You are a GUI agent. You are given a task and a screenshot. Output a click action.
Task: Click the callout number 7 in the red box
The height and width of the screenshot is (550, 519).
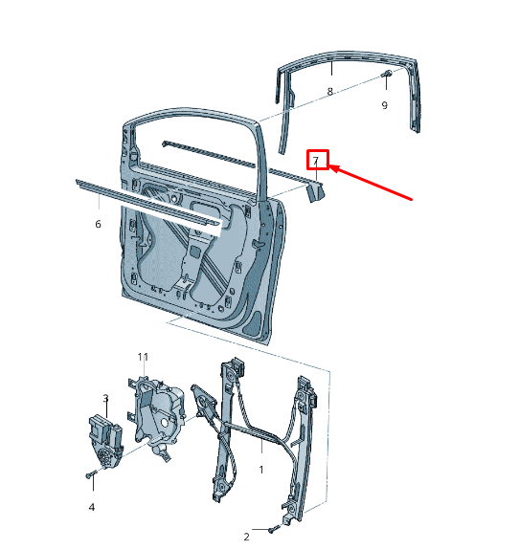point(316,161)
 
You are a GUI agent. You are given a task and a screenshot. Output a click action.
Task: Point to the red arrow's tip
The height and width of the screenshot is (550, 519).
point(330,166)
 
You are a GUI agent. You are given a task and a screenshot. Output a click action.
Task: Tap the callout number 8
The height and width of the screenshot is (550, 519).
point(329,92)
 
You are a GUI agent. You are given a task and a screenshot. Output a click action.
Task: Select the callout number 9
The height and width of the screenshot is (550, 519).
point(385,105)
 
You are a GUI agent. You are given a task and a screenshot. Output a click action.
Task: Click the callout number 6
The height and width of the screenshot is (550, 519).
point(98,224)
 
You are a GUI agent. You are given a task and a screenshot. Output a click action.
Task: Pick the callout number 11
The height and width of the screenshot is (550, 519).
point(143,357)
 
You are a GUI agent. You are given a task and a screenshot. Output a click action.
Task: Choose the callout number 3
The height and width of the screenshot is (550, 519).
point(105,399)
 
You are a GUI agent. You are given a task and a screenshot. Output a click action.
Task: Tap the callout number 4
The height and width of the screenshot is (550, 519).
point(92,507)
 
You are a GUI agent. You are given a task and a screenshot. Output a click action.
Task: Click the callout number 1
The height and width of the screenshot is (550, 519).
point(261,470)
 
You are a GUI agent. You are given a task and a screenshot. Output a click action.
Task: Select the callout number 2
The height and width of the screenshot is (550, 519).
point(246,537)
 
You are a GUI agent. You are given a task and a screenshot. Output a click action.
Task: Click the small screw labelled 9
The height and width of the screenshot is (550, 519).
point(387,74)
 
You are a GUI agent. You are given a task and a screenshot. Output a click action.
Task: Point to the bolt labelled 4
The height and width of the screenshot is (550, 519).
point(90,474)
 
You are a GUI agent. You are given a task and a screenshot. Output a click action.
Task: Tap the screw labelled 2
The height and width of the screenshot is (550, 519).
point(274,529)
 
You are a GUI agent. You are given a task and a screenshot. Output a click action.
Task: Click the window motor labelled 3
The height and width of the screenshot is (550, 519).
point(105,441)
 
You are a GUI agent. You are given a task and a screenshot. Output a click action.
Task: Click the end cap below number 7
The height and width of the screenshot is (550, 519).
point(316,193)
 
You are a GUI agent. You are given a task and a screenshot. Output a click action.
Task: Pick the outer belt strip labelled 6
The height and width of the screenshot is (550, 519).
point(147,207)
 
